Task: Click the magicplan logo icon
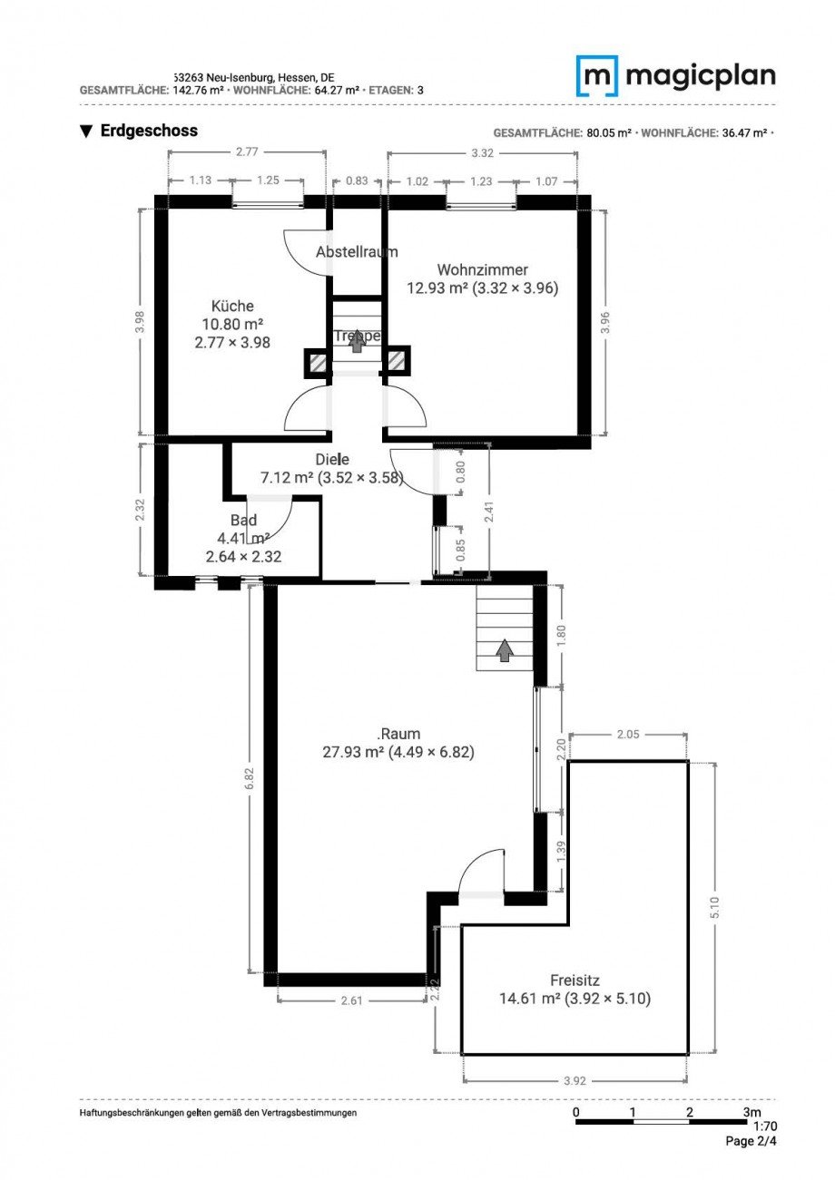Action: [x=597, y=76]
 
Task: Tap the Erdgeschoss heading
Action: [x=148, y=131]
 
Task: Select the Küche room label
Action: [x=232, y=306]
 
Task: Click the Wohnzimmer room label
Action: [x=482, y=269]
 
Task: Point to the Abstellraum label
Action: [x=357, y=252]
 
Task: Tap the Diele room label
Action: [x=331, y=460]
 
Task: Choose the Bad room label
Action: [x=243, y=521]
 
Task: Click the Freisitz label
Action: [x=575, y=980]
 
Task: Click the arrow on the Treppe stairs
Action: [x=357, y=343]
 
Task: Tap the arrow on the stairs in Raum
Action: [x=504, y=649]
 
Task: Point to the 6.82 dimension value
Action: [x=250, y=779]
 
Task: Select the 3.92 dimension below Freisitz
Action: [x=575, y=1080]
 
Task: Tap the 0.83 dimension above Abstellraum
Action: [x=357, y=180]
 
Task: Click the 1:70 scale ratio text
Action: [x=764, y=1126]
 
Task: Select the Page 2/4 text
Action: [x=751, y=1142]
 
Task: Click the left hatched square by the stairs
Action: [x=317, y=363]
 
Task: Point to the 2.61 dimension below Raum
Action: [x=351, y=1000]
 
